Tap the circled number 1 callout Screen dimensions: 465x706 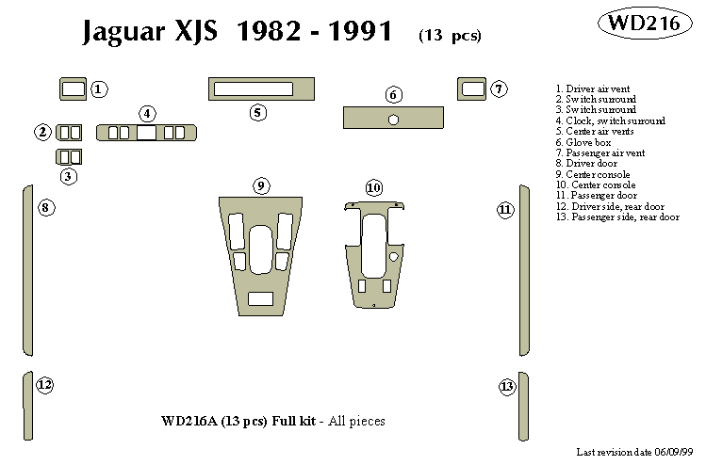tap(100, 89)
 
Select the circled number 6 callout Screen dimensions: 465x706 tap(394, 94)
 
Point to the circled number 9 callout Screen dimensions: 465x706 tap(261, 184)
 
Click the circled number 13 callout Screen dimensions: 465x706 tap(507, 386)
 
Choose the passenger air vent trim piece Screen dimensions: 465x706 tap(472, 89)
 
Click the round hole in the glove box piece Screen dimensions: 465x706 tap(393, 119)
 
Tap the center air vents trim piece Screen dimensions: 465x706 tap(259, 89)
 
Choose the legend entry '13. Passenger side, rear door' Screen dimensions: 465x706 tap(617, 216)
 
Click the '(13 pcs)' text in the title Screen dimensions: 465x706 tap(449, 36)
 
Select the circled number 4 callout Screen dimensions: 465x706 tap(148, 114)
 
